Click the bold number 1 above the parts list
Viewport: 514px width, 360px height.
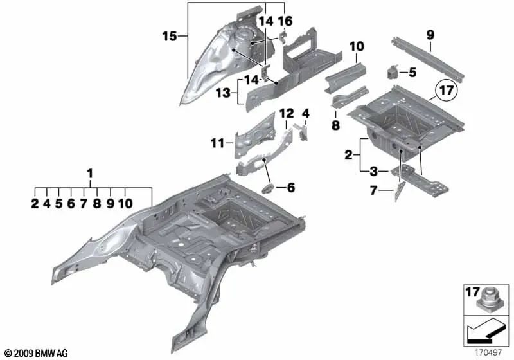coord(90,173)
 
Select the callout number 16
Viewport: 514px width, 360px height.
coord(285,21)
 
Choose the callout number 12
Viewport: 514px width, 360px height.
coord(286,114)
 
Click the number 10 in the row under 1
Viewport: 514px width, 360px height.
coord(125,204)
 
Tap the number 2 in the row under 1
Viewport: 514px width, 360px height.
coord(35,204)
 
